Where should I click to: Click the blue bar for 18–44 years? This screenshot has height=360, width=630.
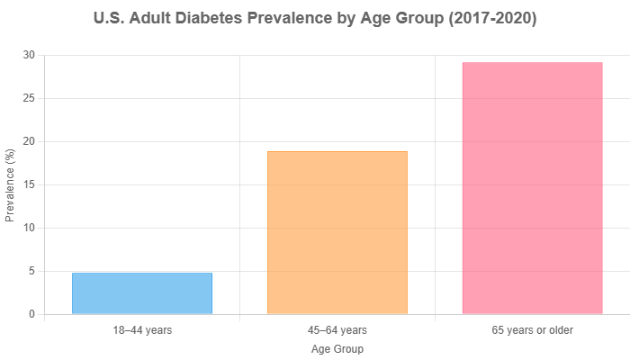pyautogui.click(x=142, y=293)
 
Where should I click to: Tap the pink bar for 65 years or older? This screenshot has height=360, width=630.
pyautogui.click(x=532, y=188)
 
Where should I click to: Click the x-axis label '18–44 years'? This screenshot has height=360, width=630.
pyautogui.click(x=142, y=330)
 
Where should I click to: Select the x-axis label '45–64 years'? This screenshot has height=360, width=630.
pyautogui.click(x=337, y=330)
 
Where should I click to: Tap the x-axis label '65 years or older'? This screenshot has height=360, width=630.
pyautogui.click(x=532, y=330)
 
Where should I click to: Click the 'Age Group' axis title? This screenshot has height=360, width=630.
pyautogui.click(x=337, y=348)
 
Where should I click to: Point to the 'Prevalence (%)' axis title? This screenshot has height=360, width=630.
pyautogui.click(x=10, y=184)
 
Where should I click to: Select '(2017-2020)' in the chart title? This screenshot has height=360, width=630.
pyautogui.click(x=493, y=19)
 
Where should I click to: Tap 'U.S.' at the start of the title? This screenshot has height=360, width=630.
pyautogui.click(x=109, y=19)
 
